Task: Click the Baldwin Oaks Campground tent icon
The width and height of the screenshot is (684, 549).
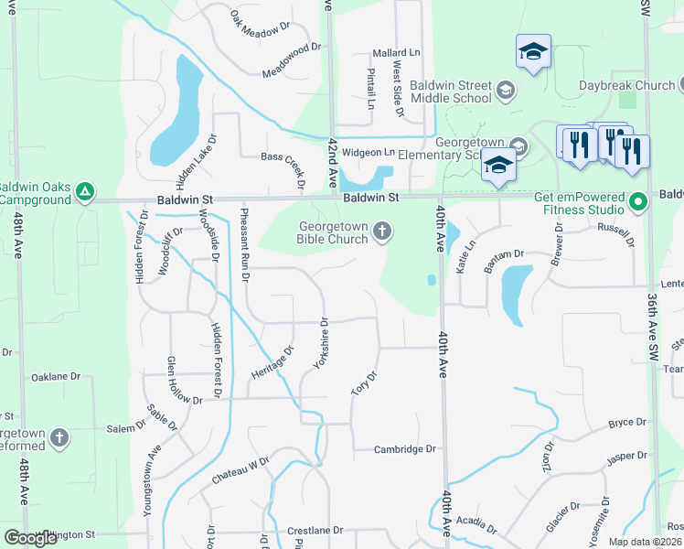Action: (x=84, y=191)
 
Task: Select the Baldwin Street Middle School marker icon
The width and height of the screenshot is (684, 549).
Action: (x=506, y=90)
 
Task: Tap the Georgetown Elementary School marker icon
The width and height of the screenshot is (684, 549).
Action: (x=518, y=145)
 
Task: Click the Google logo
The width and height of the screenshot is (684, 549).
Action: (x=30, y=538)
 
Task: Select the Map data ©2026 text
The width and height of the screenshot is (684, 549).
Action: (x=644, y=542)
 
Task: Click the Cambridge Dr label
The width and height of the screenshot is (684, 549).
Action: (x=406, y=449)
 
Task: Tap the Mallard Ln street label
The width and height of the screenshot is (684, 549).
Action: (x=396, y=54)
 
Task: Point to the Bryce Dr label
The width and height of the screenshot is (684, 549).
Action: (x=627, y=424)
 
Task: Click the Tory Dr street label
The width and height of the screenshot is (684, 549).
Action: (x=364, y=383)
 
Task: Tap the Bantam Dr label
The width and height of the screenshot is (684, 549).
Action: (x=504, y=260)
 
